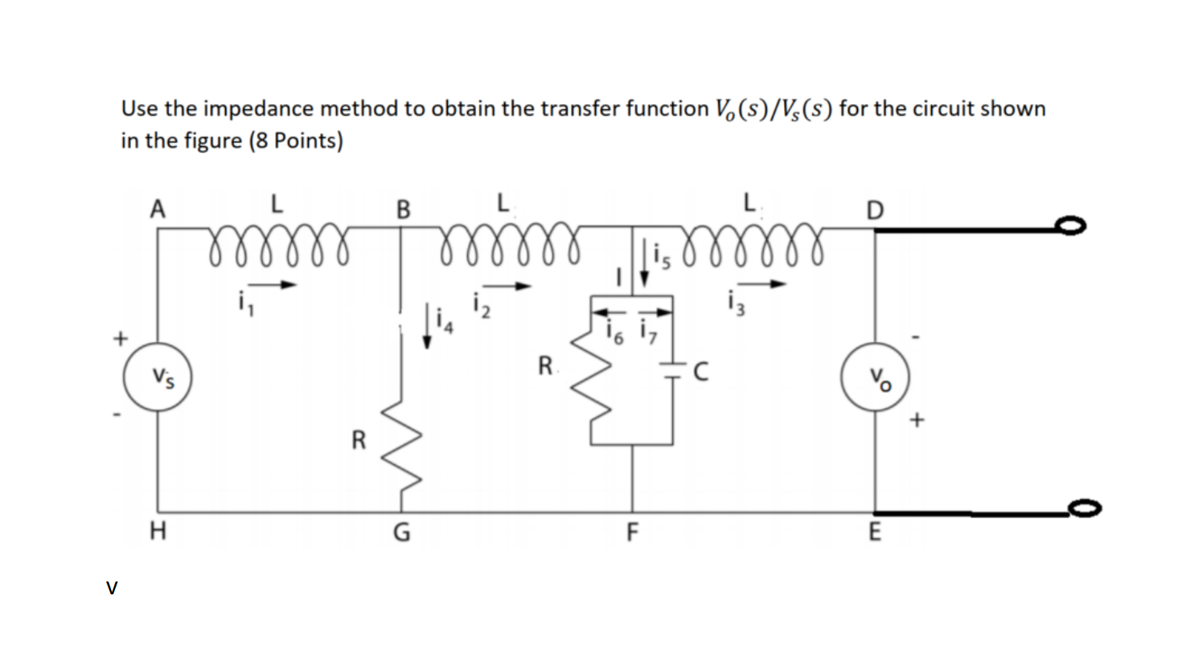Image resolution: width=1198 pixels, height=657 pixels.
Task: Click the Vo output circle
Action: click(x=875, y=378)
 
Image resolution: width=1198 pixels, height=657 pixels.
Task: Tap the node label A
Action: click(x=158, y=209)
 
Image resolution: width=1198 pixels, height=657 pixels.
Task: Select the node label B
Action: click(x=403, y=210)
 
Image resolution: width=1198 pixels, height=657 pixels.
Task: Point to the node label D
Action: click(x=875, y=210)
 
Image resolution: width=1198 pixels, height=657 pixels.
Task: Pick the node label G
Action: click(x=400, y=532)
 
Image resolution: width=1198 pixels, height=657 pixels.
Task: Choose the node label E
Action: click(x=875, y=532)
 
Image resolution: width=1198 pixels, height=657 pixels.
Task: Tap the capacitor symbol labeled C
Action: click(x=672, y=370)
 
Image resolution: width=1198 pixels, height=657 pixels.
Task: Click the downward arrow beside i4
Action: click(x=428, y=329)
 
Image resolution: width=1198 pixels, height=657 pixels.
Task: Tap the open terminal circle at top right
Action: click(x=1072, y=228)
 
